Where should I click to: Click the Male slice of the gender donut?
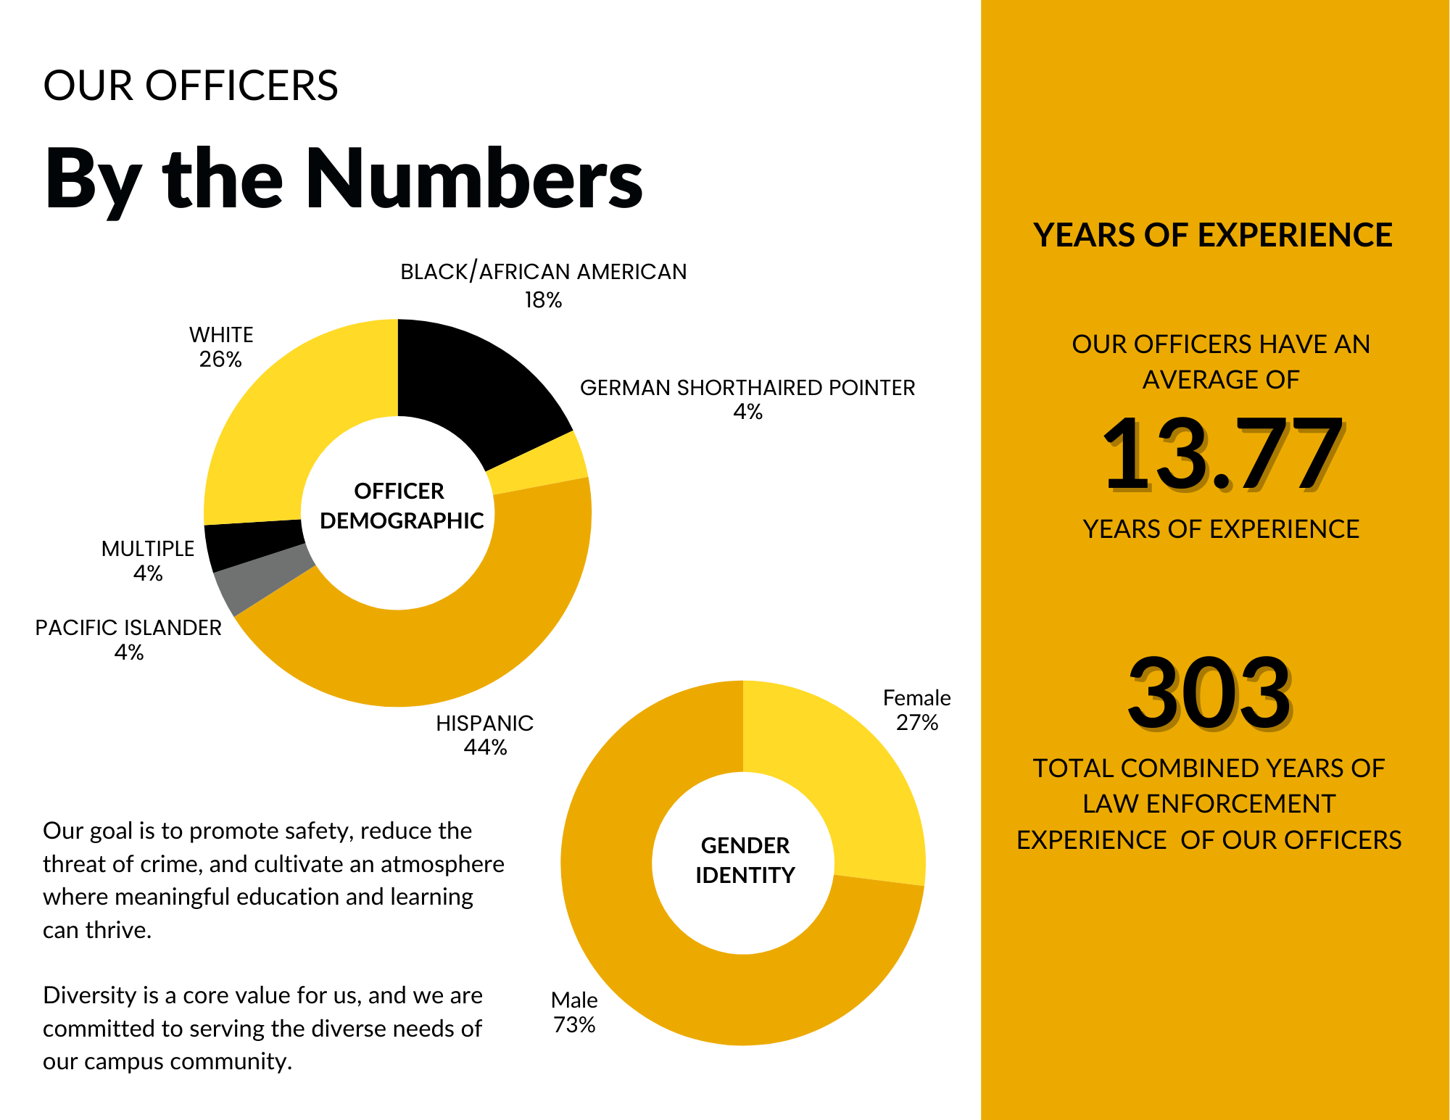652,942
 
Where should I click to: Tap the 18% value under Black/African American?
543,300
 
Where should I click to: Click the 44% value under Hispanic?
485,747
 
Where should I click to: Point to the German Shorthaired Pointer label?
747,388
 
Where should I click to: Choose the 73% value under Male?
574,1025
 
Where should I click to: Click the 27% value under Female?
917,723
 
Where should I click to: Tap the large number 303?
1209,692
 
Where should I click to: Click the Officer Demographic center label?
400,506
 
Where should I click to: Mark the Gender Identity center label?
745,860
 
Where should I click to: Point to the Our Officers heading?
191,86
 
